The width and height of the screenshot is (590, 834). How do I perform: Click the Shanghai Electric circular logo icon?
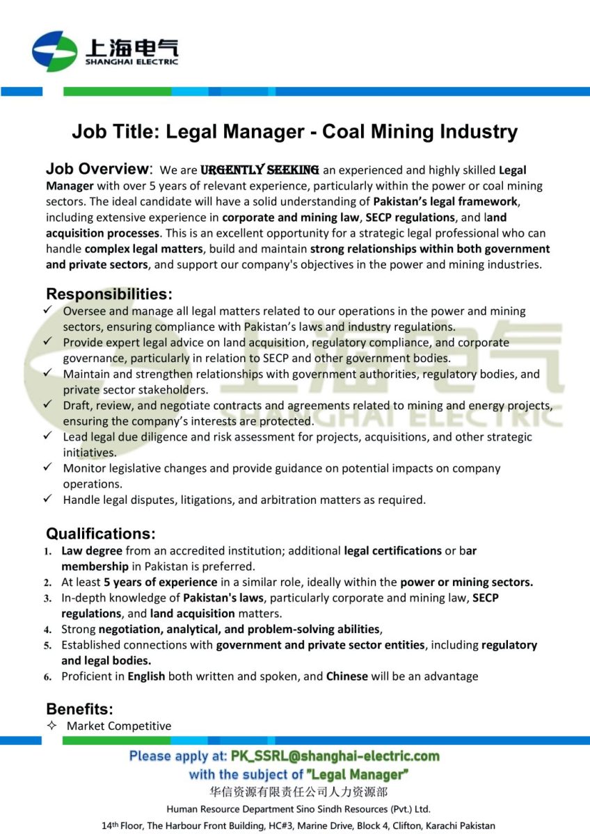pos(54,51)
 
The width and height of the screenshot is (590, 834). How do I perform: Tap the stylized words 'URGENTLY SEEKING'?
pos(260,170)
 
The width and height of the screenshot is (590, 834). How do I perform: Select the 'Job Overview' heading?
pos(97,169)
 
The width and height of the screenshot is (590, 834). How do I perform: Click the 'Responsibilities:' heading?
pos(109,294)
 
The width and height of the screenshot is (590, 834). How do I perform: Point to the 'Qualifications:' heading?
pos(101,534)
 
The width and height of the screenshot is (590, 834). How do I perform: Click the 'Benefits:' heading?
pos(79,709)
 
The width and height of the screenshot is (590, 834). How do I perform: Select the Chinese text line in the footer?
pos(298,792)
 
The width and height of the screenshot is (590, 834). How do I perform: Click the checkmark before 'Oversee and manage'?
pos(47,311)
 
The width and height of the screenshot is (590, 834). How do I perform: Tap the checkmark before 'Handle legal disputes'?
pos(47,499)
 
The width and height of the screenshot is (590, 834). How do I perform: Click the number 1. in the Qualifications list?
pos(48,551)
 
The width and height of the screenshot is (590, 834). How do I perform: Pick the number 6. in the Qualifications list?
pos(48,676)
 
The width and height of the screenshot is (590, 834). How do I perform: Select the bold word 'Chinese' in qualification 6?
pos(346,676)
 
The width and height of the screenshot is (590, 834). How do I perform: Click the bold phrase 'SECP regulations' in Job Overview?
pos(409,217)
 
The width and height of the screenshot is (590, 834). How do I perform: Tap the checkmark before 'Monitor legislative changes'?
pos(47,468)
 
